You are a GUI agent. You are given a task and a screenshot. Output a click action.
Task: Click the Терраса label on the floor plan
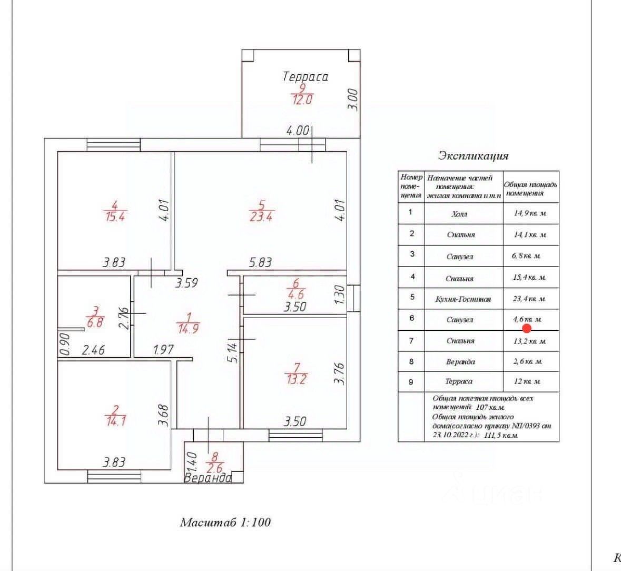point(305,76)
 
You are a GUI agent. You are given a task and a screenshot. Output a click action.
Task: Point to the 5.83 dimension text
point(260,262)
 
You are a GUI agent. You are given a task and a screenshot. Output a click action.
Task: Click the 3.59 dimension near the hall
point(186,283)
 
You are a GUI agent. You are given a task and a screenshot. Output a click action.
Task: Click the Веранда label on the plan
point(208,478)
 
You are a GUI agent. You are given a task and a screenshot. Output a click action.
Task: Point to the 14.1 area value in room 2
point(116,421)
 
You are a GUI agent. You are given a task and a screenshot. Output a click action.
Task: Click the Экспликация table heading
point(473,156)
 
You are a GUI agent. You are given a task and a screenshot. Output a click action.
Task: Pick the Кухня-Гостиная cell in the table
point(464,299)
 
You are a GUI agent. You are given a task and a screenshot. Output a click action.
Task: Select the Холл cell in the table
point(459,214)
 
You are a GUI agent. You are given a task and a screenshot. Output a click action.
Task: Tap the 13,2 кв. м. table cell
point(530,341)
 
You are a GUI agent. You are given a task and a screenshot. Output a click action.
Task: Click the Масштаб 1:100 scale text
point(225,523)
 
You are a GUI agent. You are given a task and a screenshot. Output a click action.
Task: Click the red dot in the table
point(526,328)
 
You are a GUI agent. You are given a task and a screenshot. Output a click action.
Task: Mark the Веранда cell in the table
point(460,362)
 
